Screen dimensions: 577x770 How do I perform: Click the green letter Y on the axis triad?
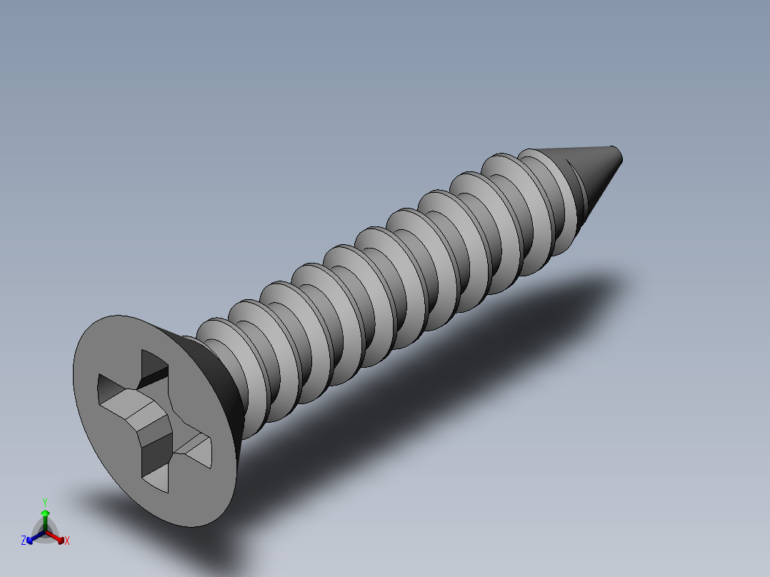(x=44, y=502)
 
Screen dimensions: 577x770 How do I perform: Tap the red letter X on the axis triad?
(x=67, y=541)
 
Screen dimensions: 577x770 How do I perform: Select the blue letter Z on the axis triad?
(x=24, y=541)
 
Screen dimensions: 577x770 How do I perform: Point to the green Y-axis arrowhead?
(x=44, y=513)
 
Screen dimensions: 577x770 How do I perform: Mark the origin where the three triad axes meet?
(x=45, y=531)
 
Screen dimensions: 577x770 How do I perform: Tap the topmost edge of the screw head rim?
(x=121, y=316)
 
